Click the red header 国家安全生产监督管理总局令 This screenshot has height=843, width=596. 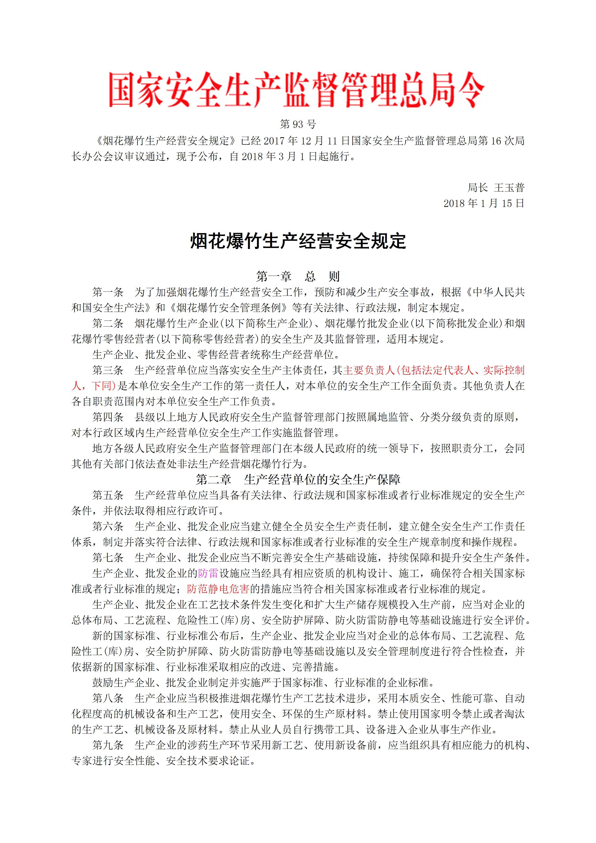(x=297, y=90)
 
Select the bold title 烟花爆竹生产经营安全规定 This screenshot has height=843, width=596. (x=298, y=242)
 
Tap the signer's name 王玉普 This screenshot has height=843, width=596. (x=509, y=188)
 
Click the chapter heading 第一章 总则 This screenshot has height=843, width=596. (x=298, y=276)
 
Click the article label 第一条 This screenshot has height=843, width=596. (x=108, y=292)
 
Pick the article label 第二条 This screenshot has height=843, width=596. (x=108, y=323)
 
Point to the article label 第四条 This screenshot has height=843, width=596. (x=108, y=417)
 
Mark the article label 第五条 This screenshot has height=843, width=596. (x=108, y=495)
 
